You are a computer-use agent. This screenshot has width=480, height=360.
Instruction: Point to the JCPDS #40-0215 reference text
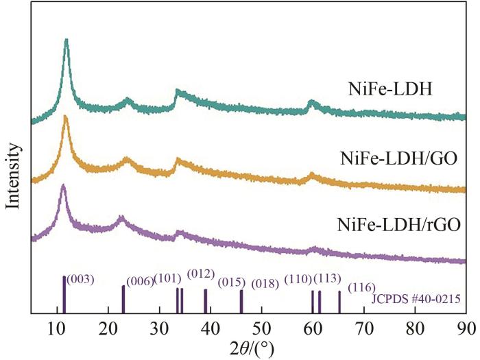point(415,300)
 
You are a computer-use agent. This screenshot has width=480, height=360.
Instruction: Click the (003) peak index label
point(80,279)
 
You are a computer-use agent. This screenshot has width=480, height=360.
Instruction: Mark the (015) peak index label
point(232,283)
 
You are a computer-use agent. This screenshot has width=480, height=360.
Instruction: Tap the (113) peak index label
point(328,278)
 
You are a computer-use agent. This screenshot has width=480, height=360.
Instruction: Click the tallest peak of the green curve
point(67,42)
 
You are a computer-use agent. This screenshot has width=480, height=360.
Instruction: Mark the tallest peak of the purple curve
point(63,187)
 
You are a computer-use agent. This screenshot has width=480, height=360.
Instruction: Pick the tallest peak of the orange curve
point(66,118)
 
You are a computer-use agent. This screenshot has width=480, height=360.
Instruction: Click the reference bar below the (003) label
point(64,295)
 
